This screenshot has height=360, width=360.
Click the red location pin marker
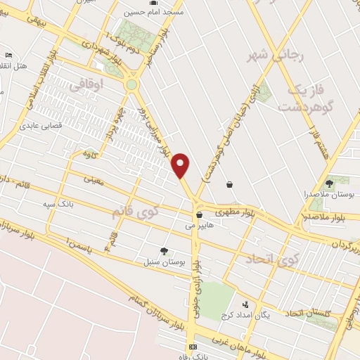[181, 165]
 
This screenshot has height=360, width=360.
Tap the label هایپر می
[199, 226]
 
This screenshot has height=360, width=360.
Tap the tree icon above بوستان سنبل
[164, 251]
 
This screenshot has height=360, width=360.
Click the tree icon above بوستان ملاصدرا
[329, 184]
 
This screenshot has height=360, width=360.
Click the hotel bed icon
[8, 55]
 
